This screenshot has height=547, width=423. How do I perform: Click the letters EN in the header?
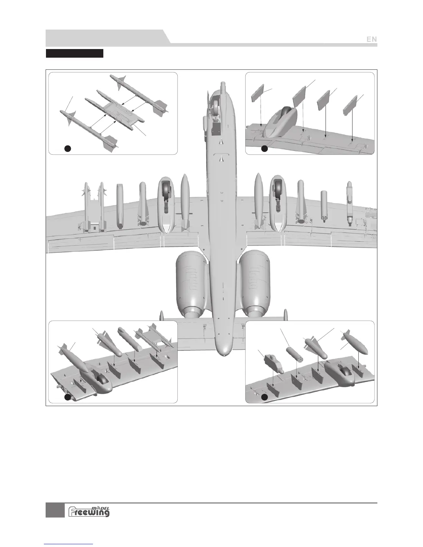[372, 39]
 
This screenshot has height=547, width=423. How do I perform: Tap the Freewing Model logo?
[89, 511]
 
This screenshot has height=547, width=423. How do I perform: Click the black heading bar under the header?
[75, 54]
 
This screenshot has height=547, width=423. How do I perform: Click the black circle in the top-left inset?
[68, 148]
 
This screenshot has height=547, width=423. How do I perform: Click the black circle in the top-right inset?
[264, 149]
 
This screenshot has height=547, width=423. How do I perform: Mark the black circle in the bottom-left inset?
[68, 398]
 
